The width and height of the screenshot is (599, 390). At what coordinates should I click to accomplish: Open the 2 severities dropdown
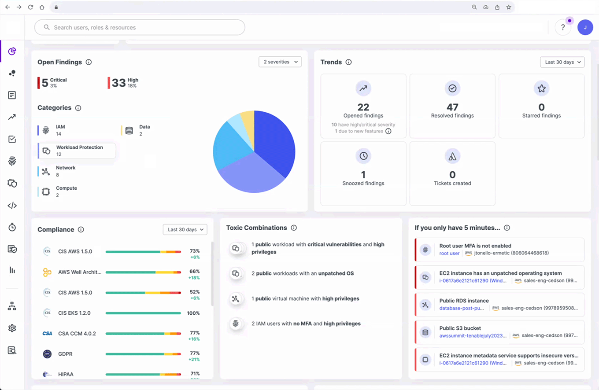pyautogui.click(x=280, y=62)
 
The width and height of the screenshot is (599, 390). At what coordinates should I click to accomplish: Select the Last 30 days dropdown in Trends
pyautogui.click(x=562, y=62)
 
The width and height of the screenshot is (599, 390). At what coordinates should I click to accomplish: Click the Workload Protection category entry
pyautogui.click(x=77, y=151)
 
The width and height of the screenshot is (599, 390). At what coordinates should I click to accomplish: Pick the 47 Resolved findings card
pyautogui.click(x=452, y=106)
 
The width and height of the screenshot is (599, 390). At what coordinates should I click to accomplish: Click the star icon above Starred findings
pyautogui.click(x=541, y=88)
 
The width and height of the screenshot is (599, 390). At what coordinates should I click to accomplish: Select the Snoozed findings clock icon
pyautogui.click(x=363, y=156)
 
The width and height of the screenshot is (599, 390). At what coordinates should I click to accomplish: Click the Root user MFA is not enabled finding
pyautogui.click(x=499, y=250)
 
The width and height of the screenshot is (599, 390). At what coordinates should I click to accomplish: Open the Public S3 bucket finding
pyautogui.click(x=499, y=332)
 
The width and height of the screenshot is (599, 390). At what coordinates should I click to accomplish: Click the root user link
pyautogui.click(x=449, y=254)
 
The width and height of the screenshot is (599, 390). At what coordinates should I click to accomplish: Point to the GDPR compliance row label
pyautogui.click(x=66, y=353)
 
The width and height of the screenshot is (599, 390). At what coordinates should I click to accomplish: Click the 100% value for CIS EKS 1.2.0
pyautogui.click(x=193, y=313)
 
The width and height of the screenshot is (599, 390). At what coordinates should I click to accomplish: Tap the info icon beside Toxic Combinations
pyautogui.click(x=294, y=228)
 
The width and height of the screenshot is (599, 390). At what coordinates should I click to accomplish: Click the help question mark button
pyautogui.click(x=562, y=27)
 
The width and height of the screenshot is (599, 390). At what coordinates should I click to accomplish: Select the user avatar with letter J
pyautogui.click(x=585, y=27)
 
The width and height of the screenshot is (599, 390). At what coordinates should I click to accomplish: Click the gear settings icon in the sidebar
pyautogui.click(x=12, y=328)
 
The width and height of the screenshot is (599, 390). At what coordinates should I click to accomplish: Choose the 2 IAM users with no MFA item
pyautogui.click(x=306, y=324)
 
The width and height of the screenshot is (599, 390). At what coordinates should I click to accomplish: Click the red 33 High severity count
pyautogui.click(x=119, y=82)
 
